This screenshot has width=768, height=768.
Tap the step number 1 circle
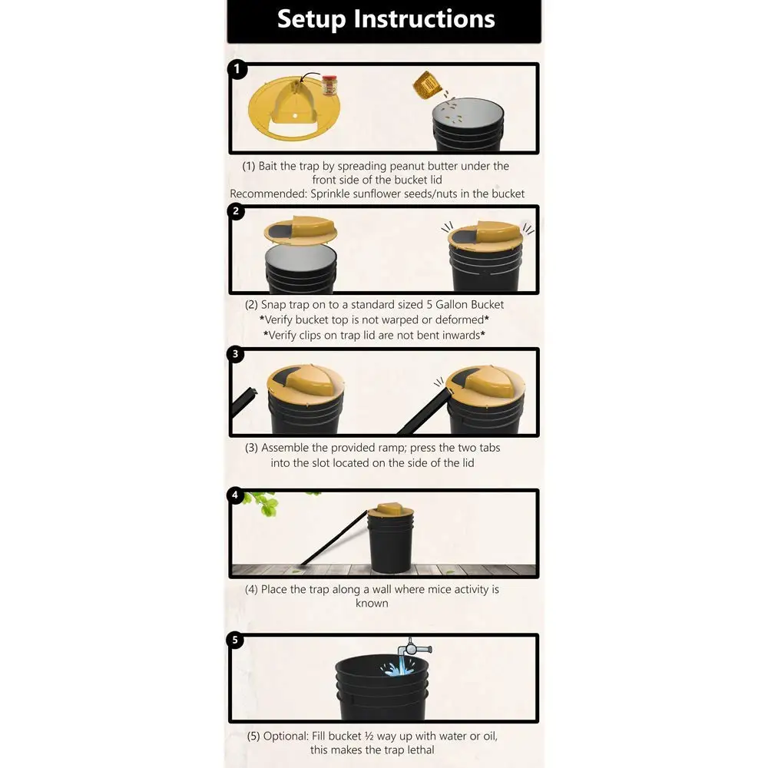tap(237, 69)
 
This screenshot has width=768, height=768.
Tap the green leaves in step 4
tap(265, 503)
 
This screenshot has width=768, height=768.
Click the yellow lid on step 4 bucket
tap(392, 509)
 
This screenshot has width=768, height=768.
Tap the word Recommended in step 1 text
tap(268, 194)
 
